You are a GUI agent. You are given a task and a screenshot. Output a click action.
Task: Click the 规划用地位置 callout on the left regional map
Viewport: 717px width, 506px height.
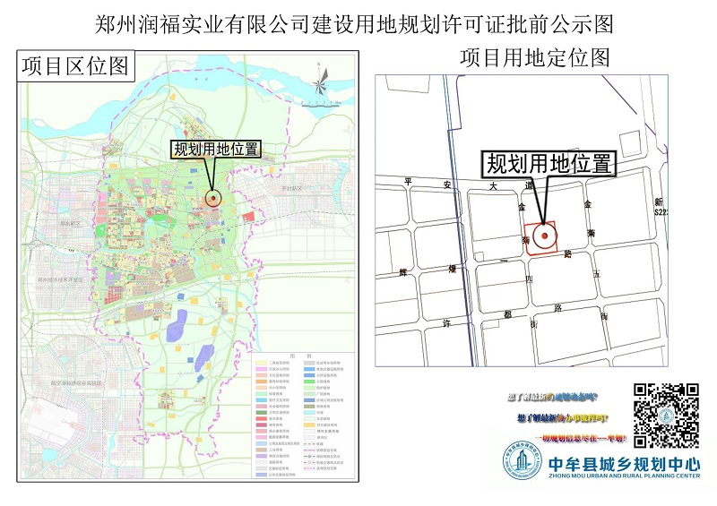pyautogui.click(x=217, y=150)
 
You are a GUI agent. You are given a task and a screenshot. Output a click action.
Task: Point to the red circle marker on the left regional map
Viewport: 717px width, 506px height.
pyautogui.click(x=213, y=199)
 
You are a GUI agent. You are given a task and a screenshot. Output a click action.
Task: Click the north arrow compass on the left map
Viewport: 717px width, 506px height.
pyautogui.click(x=320, y=86)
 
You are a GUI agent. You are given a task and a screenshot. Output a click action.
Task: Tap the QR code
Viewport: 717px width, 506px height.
pyautogui.click(x=666, y=416)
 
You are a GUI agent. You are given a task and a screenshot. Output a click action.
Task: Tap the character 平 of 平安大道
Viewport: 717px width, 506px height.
pyautogui.click(x=410, y=181)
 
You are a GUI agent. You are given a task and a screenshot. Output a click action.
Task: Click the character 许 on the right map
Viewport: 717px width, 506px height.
pyautogui.click(x=445, y=322)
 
